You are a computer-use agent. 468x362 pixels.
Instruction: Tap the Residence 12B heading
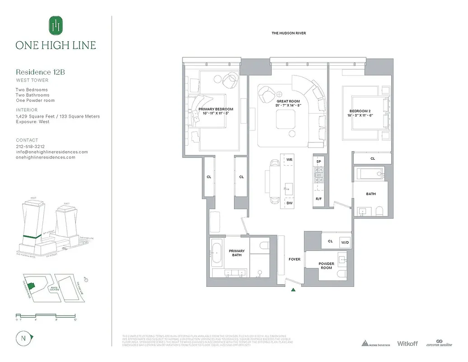[x=37, y=72]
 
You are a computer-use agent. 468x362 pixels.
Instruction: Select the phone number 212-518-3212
[x=30, y=147]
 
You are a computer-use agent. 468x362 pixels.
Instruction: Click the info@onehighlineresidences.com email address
[x=51, y=152]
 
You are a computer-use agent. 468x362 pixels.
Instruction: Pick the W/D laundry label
[x=345, y=242]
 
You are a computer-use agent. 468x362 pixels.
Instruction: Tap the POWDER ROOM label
[x=326, y=266]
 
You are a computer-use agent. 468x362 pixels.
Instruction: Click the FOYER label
[x=294, y=259]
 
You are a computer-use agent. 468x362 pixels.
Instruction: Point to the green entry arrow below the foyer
[x=294, y=290]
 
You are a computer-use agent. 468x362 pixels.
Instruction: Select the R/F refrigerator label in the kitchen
[x=318, y=199]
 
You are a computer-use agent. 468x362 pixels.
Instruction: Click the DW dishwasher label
[x=289, y=203]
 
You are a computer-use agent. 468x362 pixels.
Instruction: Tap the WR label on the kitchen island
[x=289, y=160]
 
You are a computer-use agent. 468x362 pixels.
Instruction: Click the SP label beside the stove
[x=318, y=162]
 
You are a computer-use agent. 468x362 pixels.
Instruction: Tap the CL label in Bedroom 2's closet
[x=373, y=159]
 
